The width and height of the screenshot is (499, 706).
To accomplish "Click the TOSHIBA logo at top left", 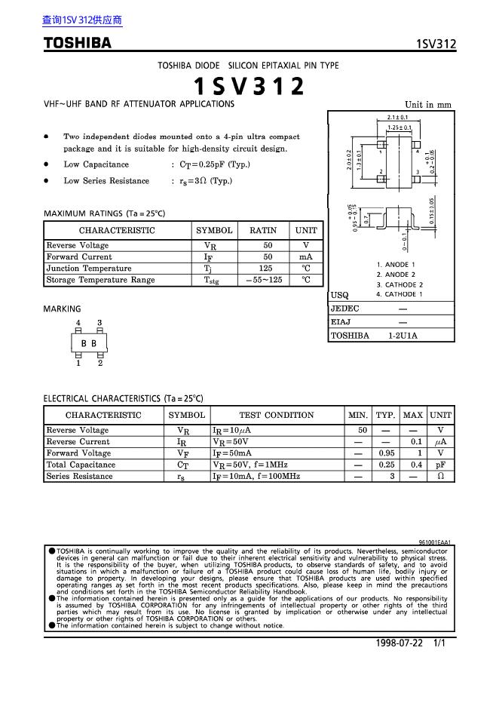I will [77, 43].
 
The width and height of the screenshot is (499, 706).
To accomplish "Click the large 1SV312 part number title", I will [249, 87].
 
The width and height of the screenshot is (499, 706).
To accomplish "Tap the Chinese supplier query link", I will [82, 20].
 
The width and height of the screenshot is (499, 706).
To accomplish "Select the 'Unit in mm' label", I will [427, 105].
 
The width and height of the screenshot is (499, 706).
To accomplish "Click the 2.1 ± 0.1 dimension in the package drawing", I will [397, 118].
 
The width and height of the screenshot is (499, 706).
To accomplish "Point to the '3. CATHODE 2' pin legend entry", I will [400, 284].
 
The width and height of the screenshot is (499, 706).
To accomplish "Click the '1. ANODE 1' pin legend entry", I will [396, 265].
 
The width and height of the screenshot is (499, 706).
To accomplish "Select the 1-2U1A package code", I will [403, 336].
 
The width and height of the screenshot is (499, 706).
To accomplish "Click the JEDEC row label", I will [345, 309].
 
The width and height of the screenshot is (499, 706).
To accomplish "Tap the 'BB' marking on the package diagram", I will [89, 343].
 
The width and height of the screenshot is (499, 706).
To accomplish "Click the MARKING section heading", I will [62, 308].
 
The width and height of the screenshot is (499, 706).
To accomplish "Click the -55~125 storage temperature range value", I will [264, 280].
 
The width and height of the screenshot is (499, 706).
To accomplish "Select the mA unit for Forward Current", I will [306, 257].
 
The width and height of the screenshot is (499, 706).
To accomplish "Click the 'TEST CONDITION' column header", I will [276, 415].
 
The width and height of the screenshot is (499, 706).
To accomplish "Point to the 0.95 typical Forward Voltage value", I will [386, 453].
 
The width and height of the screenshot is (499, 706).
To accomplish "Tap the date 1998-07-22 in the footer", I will [400, 643].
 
